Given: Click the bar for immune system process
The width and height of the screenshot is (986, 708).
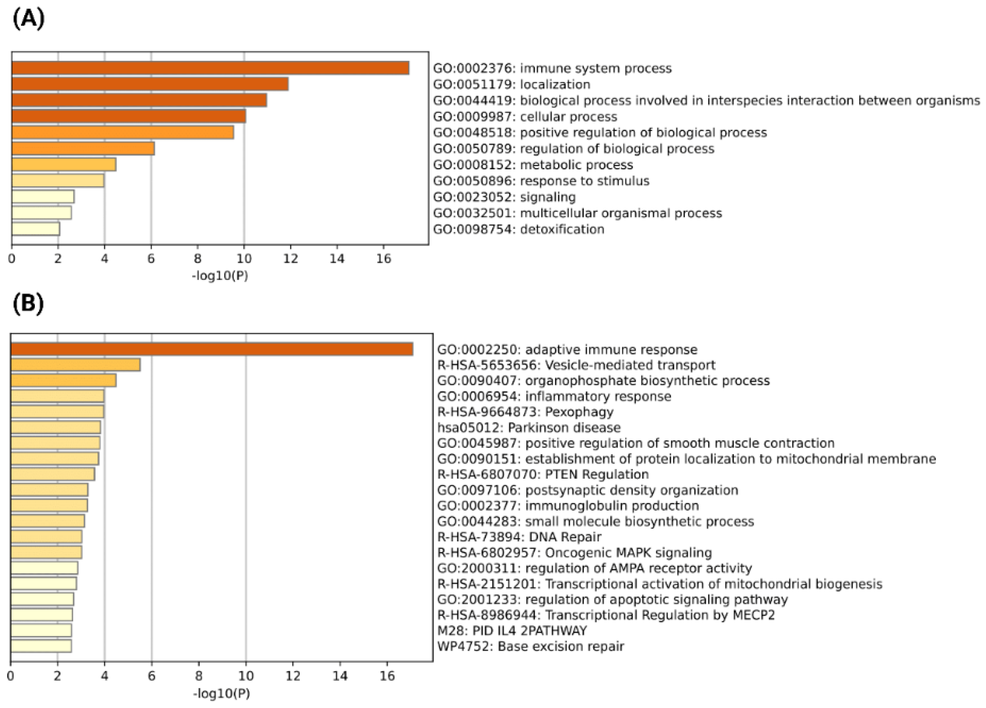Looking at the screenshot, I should (x=210, y=68).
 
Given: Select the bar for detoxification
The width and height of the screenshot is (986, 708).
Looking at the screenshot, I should (x=36, y=229).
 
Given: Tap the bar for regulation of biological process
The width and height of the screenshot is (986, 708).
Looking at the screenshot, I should (x=83, y=149).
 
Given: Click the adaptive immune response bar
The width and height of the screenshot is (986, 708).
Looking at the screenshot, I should (x=212, y=349).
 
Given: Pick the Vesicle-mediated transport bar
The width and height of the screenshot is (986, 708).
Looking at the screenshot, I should (x=75, y=365).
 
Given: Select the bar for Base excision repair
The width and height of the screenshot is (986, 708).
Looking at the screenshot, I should (x=41, y=646).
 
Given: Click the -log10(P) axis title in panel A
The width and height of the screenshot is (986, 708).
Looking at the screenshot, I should (x=220, y=275).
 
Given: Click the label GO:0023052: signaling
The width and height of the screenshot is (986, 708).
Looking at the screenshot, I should (x=504, y=197).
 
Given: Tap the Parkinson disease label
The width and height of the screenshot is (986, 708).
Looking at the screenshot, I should (x=529, y=427).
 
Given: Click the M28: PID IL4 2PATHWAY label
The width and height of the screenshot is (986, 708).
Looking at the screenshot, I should (x=512, y=631).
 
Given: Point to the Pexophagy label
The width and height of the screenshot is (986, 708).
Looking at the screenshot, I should (x=525, y=412).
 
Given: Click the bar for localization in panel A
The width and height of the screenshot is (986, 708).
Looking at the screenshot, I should (x=150, y=84).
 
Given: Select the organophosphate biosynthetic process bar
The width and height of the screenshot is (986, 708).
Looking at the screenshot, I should (x=63, y=380).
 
